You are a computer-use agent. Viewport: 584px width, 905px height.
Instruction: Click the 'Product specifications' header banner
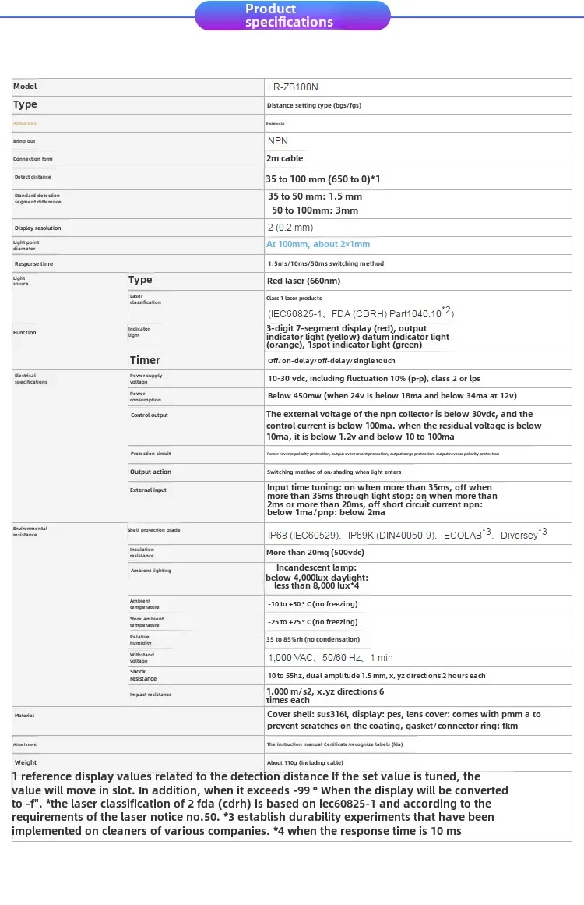click(x=292, y=16)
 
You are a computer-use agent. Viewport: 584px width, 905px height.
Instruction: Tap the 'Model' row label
click(x=25, y=87)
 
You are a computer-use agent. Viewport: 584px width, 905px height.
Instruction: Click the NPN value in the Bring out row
click(x=278, y=141)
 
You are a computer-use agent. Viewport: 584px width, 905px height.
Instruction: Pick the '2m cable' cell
click(x=285, y=159)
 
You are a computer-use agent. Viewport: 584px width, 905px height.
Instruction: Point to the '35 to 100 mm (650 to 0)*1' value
click(x=323, y=179)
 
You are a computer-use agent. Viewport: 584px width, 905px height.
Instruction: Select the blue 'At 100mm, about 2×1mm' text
click(x=318, y=245)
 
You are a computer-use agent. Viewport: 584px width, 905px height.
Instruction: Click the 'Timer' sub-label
click(x=145, y=360)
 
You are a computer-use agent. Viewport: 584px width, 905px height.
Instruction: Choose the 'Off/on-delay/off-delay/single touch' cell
click(x=331, y=361)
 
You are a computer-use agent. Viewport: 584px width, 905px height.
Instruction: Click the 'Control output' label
click(x=150, y=415)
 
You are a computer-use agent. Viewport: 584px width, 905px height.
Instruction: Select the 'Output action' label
click(x=150, y=472)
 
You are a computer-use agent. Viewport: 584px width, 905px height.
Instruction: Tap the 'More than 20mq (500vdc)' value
click(x=315, y=553)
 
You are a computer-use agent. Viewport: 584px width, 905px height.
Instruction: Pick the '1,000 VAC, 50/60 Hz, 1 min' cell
click(x=330, y=658)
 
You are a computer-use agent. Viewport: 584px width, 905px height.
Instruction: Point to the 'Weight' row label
click(x=26, y=762)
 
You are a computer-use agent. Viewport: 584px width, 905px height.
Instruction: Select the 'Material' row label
click(x=24, y=716)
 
